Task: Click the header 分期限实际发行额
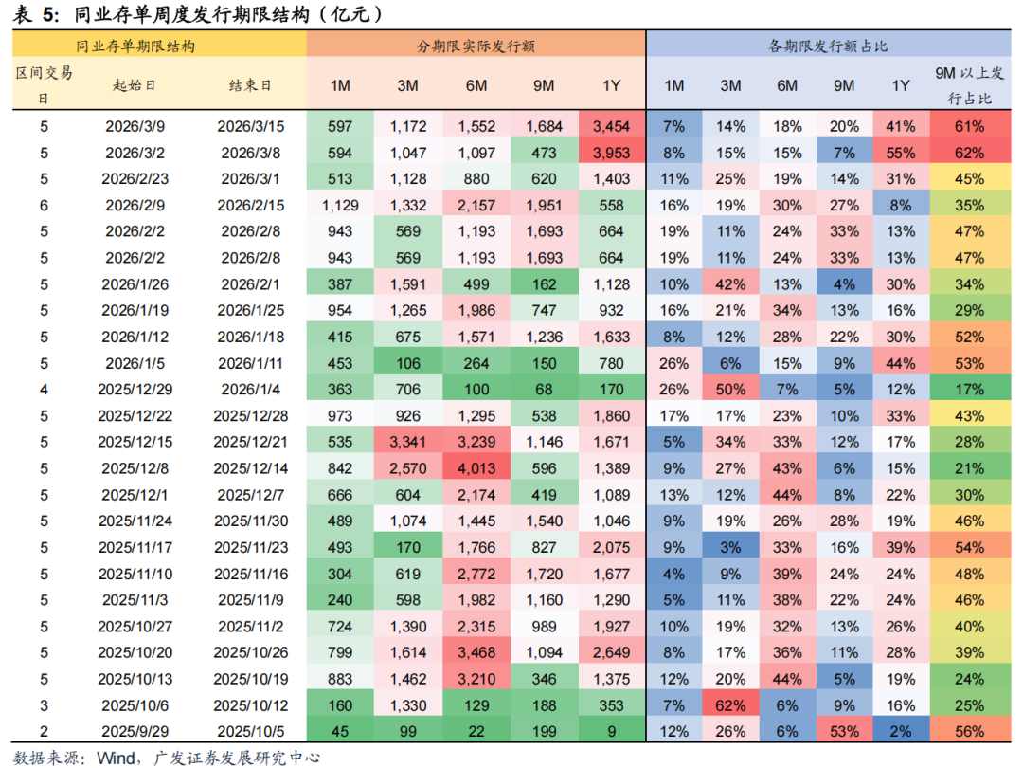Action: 476,46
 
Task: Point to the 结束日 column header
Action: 250,85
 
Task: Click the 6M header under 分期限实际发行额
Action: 476,85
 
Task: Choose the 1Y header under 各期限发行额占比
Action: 901,85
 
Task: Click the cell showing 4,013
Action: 476,467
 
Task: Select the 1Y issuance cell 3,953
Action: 611,152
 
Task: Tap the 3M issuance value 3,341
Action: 407,442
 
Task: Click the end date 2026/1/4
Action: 250,389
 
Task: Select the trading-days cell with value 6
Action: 44,205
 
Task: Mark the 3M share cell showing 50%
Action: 730,389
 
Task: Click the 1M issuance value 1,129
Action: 340,205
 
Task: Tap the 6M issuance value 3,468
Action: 476,652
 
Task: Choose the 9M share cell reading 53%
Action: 844,731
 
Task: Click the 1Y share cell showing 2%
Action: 901,731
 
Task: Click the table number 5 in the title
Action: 48,14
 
